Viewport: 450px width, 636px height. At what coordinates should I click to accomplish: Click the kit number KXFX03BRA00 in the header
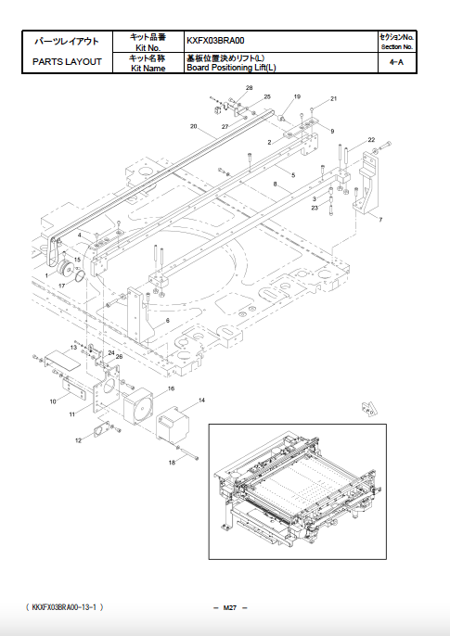point(218,41)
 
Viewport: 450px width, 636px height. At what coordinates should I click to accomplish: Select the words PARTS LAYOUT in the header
point(66,62)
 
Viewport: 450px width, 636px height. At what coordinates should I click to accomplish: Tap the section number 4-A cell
point(396,62)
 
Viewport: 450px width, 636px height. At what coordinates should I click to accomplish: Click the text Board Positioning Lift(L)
point(231,68)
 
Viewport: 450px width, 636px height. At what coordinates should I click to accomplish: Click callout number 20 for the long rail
point(194,126)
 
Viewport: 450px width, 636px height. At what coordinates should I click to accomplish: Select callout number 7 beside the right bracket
point(379,220)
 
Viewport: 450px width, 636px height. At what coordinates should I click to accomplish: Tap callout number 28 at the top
point(249,87)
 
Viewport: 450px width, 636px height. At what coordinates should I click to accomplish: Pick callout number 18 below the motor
point(171,462)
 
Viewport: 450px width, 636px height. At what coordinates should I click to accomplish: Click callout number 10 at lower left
point(53,401)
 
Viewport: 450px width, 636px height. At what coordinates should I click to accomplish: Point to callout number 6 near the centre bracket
point(168,320)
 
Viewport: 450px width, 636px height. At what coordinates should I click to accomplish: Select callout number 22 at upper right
point(371,139)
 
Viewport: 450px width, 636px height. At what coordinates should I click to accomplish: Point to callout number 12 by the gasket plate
point(78,439)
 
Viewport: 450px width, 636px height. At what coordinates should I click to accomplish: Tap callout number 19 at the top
point(297,96)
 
